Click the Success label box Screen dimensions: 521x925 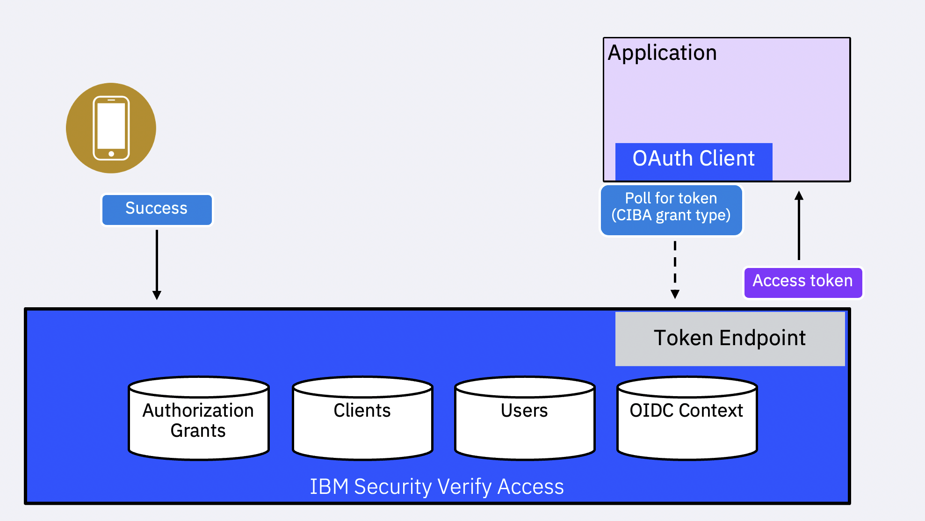pyautogui.click(x=157, y=210)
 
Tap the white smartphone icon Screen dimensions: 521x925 pyautogui.click(x=111, y=128)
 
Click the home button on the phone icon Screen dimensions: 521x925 pyautogui.click(x=111, y=154)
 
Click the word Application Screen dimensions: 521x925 pyautogui.click(x=662, y=53)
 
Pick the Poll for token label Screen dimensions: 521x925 pyautogui.click(x=671, y=199)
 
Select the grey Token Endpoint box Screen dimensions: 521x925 pyautogui.click(x=730, y=339)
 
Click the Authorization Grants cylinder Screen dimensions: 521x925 pyautogui.click(x=199, y=419)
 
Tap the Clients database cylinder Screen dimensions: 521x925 pyautogui.click(x=362, y=419)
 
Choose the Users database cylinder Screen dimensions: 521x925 pyautogui.click(x=525, y=419)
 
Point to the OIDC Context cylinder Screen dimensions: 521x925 pyautogui.click(x=687, y=419)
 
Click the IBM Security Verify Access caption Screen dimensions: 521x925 pyautogui.click(x=437, y=487)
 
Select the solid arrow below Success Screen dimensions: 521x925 pyautogui.click(x=157, y=262)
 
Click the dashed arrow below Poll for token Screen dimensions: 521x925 pyautogui.click(x=675, y=267)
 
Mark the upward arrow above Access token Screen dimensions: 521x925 pyautogui.click(x=799, y=227)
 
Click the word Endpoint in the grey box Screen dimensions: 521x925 pyautogui.click(x=762, y=339)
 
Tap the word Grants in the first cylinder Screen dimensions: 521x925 pyautogui.click(x=198, y=431)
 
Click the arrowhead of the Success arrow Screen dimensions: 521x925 pyautogui.click(x=157, y=295)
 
